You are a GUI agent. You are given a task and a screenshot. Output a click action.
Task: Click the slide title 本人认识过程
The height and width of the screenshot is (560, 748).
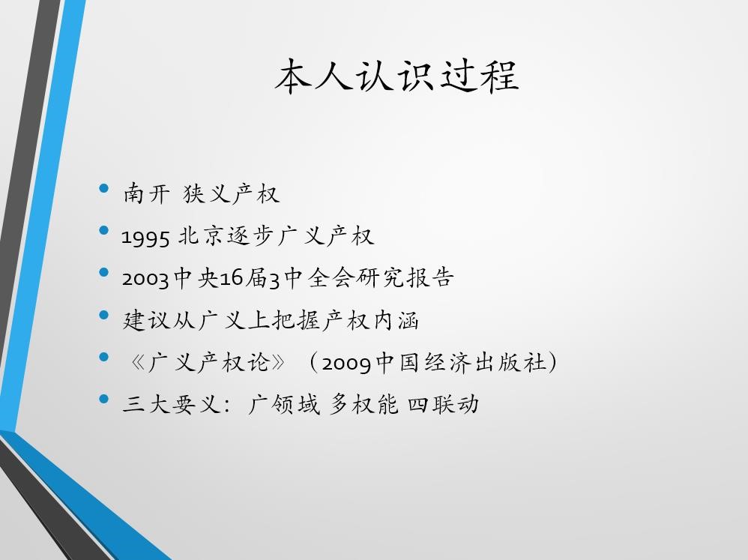coord(396,76)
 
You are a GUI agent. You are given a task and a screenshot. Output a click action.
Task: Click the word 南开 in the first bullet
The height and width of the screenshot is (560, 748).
coord(146,193)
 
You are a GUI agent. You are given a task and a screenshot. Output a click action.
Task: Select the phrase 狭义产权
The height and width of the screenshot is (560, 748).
coord(231,193)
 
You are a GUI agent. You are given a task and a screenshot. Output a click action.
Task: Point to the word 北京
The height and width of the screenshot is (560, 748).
coord(201,235)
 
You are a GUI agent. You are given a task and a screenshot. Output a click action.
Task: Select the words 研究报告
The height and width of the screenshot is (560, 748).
coord(405,277)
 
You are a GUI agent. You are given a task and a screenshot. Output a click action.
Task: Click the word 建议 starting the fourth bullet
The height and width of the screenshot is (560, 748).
coord(146,320)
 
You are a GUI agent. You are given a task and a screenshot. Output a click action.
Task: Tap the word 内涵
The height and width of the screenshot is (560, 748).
coord(396,320)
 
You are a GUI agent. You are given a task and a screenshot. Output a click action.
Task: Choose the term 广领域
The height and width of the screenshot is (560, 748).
coord(284,405)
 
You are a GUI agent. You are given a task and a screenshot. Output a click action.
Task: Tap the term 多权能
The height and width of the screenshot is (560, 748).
coord(364,405)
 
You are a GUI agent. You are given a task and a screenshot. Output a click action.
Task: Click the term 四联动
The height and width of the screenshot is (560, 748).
coord(443,405)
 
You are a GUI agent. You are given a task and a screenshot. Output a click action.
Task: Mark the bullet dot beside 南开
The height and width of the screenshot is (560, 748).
coord(104,188)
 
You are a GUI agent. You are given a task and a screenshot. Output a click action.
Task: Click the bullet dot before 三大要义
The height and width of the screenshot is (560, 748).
coord(104,399)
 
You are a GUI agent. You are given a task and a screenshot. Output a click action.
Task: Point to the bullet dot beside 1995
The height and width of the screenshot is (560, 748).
coord(104,230)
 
